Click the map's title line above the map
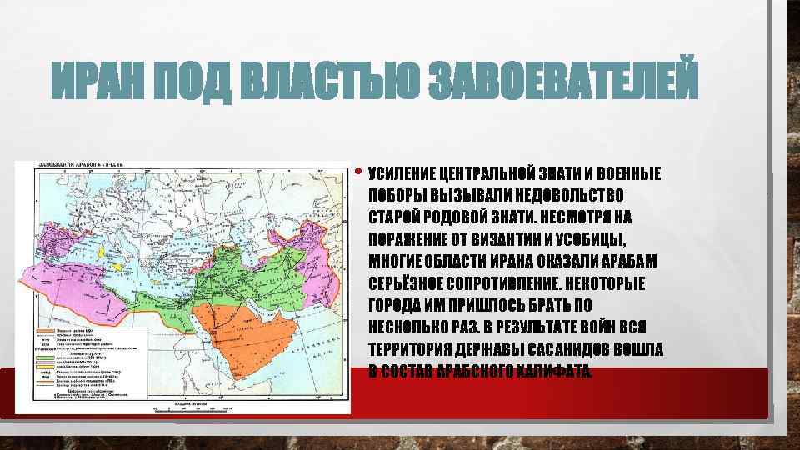tap(79, 167)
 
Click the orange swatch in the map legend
tap(43, 331)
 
